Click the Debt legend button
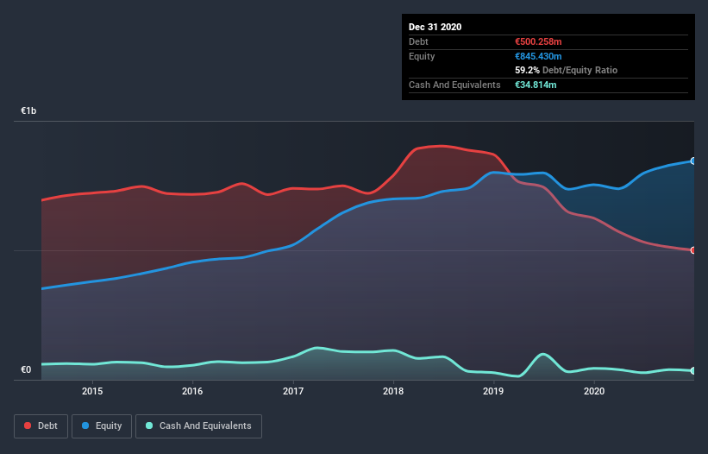tap(40, 426)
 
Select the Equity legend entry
tap(102, 426)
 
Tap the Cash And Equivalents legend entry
tap(198, 426)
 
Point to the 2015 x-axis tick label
tap(92, 391)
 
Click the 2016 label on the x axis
tap(192, 391)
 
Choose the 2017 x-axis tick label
tap(293, 391)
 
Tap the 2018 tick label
tap(393, 391)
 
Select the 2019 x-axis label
tap(493, 391)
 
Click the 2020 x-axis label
tap(594, 391)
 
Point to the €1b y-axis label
tap(29, 111)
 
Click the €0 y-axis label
tap(26, 369)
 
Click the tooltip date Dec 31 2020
tap(435, 27)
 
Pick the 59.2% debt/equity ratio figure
tap(526, 70)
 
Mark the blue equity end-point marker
tap(693, 161)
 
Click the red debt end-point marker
tap(693, 250)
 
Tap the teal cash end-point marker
tap(693, 371)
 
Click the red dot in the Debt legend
tap(28, 426)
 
